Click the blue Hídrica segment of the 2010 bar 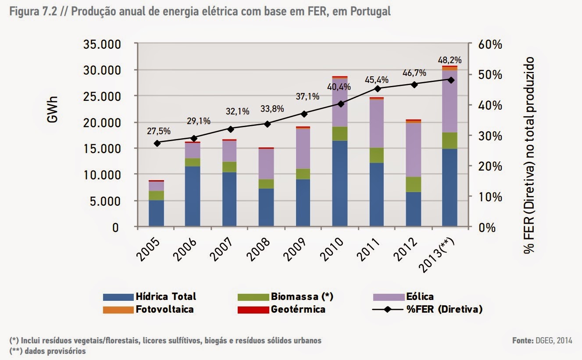coord(339,183)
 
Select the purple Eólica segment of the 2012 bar coord(413,150)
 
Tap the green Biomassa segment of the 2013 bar coord(450,140)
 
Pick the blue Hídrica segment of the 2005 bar coord(157,213)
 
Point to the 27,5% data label coord(159,131)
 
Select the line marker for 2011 coord(377,89)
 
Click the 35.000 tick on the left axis coord(104,45)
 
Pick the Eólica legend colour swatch coord(389,297)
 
